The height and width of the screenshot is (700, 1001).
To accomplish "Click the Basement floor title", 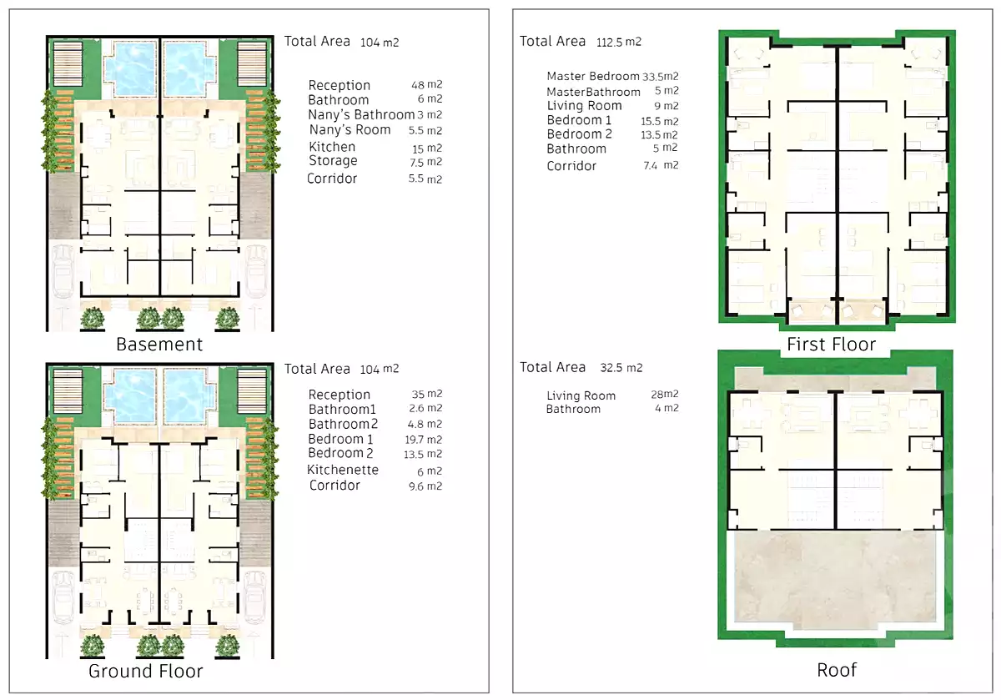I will click(159, 344).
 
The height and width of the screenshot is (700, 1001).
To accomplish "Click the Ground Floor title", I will click(146, 671).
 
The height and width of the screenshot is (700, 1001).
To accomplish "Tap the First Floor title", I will click(831, 344).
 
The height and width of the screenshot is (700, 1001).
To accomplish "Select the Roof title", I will click(837, 669).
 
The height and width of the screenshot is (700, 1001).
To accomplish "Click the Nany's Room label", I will click(350, 130).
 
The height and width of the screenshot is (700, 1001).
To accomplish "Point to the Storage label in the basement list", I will click(333, 161).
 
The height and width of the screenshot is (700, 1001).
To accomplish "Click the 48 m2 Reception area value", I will click(426, 85).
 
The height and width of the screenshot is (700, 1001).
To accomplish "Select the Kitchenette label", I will click(343, 470).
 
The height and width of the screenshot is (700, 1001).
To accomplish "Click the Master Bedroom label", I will click(593, 76).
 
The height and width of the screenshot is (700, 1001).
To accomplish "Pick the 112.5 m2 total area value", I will click(619, 42).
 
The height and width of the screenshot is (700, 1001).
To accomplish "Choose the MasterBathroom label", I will click(593, 92).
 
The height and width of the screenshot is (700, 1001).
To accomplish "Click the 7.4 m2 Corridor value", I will click(664, 165).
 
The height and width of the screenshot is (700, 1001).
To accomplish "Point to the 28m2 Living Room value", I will click(664, 395).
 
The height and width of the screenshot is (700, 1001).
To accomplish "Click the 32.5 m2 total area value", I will click(621, 368).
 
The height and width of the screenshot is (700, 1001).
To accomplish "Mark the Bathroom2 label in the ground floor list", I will click(343, 424).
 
